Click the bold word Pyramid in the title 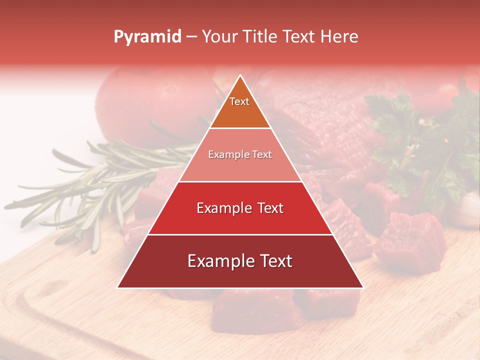(147, 37)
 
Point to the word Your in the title (219, 37)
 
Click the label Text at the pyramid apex (239, 101)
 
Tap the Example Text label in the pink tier (240, 154)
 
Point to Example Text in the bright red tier (240, 208)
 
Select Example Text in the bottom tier (240, 261)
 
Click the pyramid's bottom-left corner (117, 287)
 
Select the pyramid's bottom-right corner (363, 287)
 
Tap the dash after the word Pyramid (191, 37)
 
